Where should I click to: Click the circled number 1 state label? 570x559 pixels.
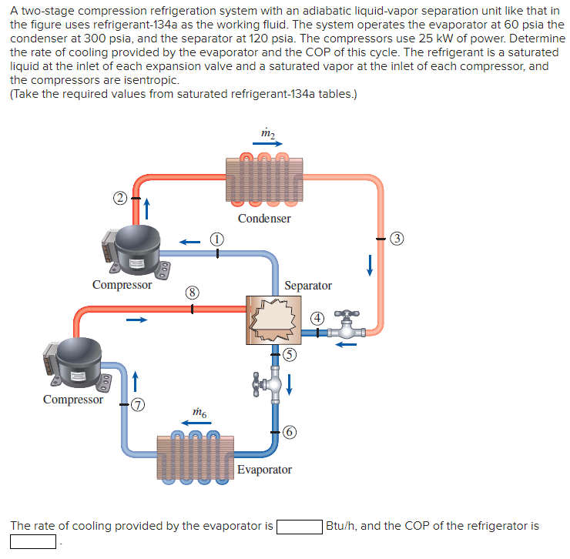click(x=218, y=239)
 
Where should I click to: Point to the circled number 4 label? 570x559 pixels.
click(x=316, y=319)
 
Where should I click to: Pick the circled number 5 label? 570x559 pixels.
click(x=289, y=354)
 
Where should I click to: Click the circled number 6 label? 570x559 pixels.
click(x=289, y=432)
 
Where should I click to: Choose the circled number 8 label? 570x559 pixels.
click(x=192, y=292)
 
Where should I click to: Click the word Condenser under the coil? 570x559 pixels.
click(x=264, y=219)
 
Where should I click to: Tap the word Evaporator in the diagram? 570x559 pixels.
click(x=264, y=470)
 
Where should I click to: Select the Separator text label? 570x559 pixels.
click(x=307, y=286)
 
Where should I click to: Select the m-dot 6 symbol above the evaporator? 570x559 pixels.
click(x=199, y=413)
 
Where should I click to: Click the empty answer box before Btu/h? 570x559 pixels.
click(x=300, y=527)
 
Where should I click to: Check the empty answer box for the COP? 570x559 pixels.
click(x=33, y=542)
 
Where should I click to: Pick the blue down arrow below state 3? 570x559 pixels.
click(x=370, y=264)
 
